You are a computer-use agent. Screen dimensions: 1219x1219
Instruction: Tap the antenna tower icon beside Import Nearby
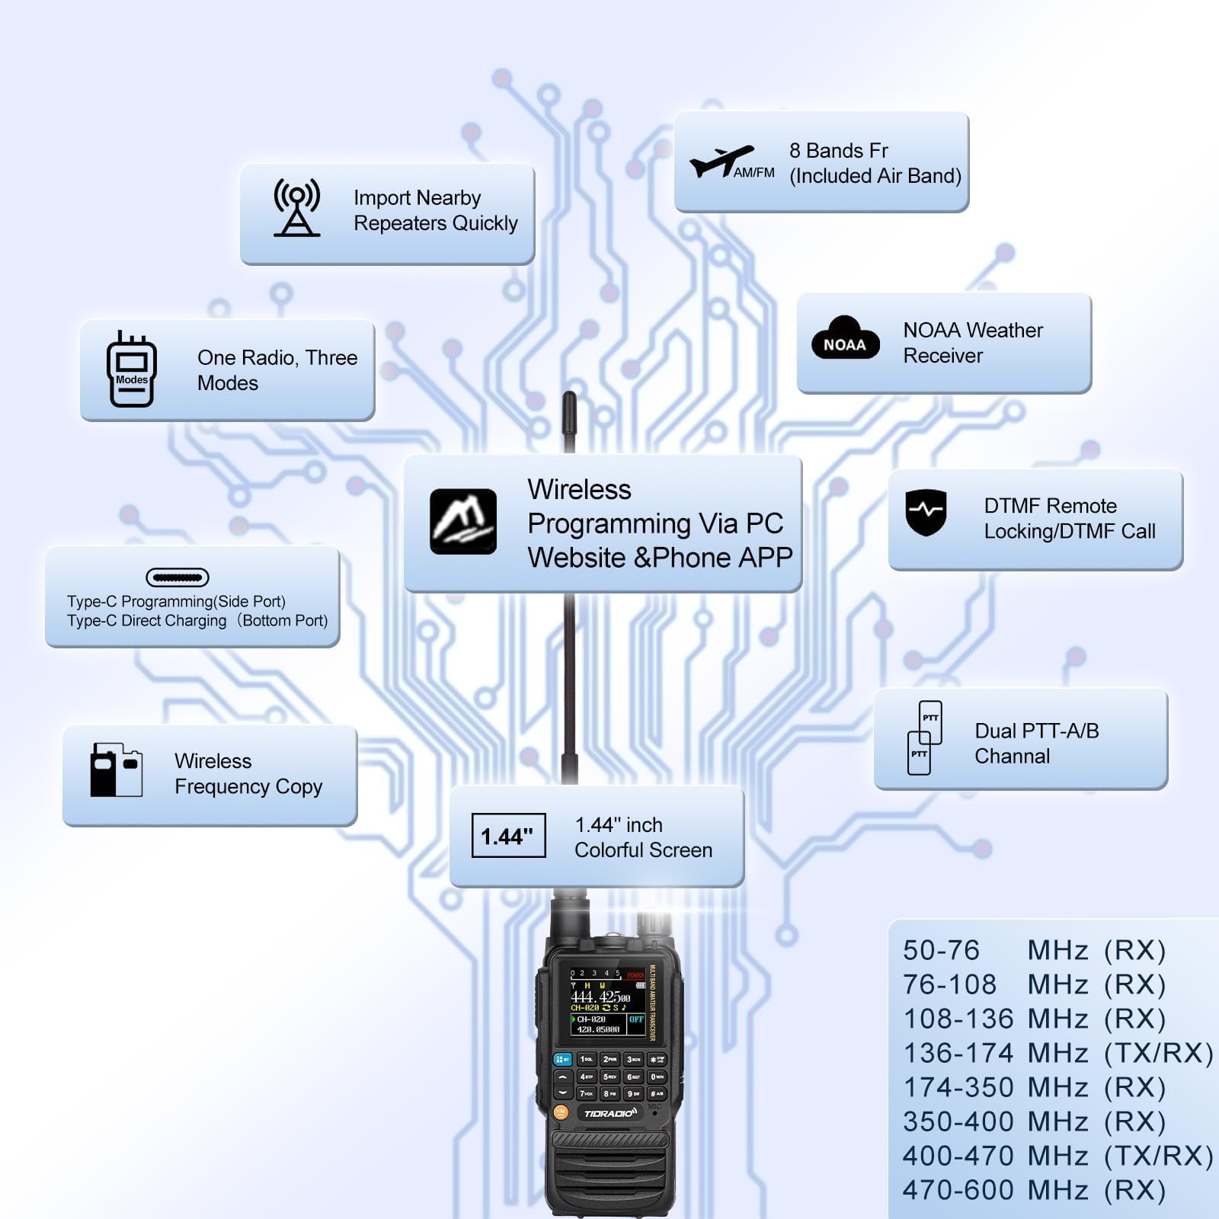point(296,207)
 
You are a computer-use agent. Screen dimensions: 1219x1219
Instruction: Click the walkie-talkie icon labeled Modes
point(131,370)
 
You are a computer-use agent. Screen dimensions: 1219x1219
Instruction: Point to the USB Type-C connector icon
point(177,578)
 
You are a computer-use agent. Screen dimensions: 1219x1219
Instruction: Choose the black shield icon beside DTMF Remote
point(926,511)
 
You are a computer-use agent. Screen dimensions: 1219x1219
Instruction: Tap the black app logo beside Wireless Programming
point(463,521)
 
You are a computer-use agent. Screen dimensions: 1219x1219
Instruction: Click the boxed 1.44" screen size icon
point(508,836)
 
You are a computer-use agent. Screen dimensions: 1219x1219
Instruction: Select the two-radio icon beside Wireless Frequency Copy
point(116,770)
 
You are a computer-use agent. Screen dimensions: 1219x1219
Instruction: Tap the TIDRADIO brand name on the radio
point(609,1113)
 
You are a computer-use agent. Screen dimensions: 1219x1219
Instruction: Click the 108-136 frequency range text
point(958,1019)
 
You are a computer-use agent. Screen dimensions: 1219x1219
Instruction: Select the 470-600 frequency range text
point(958,1190)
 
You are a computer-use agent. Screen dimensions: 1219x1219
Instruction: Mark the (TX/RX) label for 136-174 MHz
point(1158,1053)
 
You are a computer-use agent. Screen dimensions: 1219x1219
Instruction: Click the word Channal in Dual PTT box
point(1012,757)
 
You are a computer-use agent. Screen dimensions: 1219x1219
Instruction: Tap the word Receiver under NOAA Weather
point(942,356)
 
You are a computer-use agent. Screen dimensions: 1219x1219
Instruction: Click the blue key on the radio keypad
point(562,1059)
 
